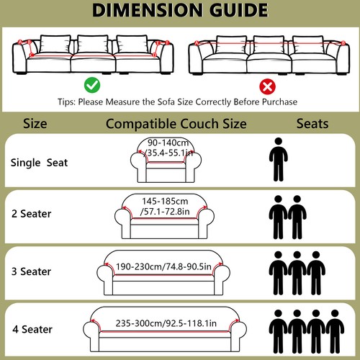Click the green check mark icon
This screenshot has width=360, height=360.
[x=92, y=85]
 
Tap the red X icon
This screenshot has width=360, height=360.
[x=267, y=86]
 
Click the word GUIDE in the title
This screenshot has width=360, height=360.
[x=238, y=10]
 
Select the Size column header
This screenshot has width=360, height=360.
[x=35, y=124]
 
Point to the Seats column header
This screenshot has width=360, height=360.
[x=312, y=124]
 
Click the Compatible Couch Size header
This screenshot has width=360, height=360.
[x=176, y=124]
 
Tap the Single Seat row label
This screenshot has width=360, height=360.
[x=39, y=163]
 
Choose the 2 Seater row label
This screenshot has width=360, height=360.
[x=32, y=214]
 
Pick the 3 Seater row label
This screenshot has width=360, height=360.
[x=31, y=271]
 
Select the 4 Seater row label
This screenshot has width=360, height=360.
[x=32, y=329]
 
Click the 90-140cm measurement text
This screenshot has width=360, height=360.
[x=168, y=143]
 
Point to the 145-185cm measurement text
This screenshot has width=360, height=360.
[x=165, y=201]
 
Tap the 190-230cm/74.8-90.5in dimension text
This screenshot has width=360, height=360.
[x=163, y=266]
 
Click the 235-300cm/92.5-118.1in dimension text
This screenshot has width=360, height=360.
[x=166, y=323]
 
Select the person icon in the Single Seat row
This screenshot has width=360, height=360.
[x=279, y=159]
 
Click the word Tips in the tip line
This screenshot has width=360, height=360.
[x=66, y=102]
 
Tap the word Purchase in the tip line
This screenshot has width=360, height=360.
[x=279, y=102]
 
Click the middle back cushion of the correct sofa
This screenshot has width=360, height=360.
[x=93, y=44]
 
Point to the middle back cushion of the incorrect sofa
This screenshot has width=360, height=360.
[x=269, y=45]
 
